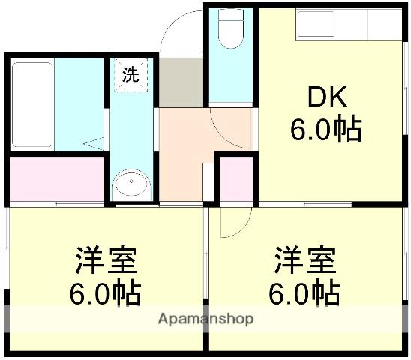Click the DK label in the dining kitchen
click(x=325, y=97)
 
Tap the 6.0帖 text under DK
click(x=325, y=130)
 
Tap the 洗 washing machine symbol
click(x=130, y=74)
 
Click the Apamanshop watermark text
click(x=205, y=319)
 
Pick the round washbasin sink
click(x=131, y=184)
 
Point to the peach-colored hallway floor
click(x=184, y=142)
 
